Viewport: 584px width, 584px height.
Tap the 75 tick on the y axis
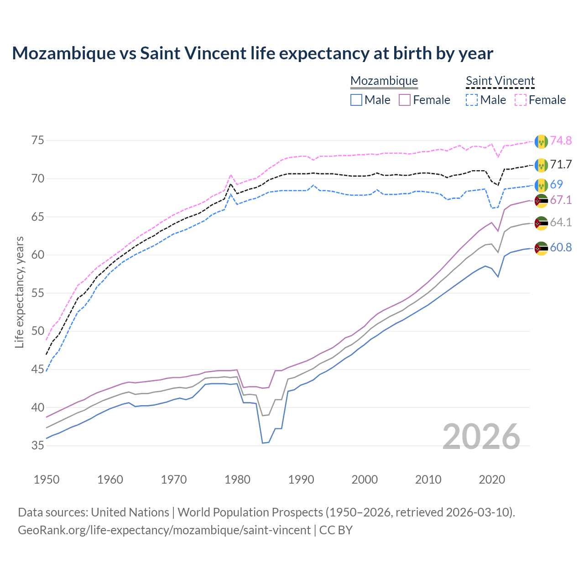(x=38, y=140)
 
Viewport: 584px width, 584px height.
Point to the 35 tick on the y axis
(x=38, y=445)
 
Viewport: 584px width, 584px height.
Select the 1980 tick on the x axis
(x=238, y=480)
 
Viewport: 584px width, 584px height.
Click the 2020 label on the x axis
(x=492, y=480)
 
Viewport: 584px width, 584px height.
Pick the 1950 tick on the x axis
(x=47, y=480)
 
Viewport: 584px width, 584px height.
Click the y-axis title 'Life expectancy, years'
(x=19, y=292)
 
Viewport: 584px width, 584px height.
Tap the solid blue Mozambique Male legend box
(x=356, y=100)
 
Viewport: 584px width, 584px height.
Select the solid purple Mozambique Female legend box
(x=405, y=100)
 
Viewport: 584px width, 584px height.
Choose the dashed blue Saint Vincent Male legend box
(x=472, y=100)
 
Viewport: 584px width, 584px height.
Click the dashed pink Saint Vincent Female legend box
(x=520, y=100)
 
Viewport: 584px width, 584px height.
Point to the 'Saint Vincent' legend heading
(x=500, y=81)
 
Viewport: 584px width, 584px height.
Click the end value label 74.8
(x=561, y=141)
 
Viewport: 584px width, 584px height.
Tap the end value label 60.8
(x=561, y=247)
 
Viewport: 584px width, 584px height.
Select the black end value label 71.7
(x=561, y=164)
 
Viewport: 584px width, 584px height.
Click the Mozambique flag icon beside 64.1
(x=541, y=223)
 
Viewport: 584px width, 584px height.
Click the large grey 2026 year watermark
(x=481, y=437)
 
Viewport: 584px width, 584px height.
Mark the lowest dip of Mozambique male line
(x=263, y=443)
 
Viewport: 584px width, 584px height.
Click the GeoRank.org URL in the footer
(x=164, y=530)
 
